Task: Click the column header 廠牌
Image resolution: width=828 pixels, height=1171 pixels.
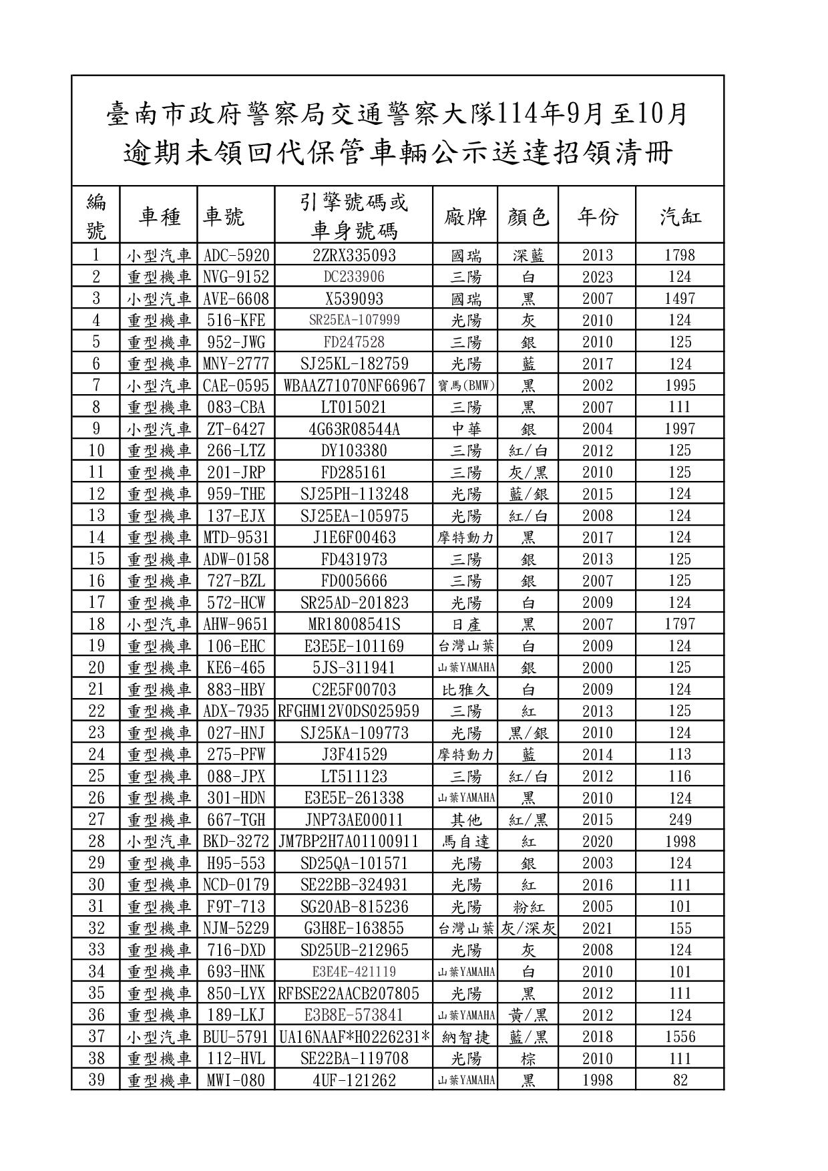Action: coord(465,216)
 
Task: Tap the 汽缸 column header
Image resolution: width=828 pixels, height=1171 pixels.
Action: coord(680,216)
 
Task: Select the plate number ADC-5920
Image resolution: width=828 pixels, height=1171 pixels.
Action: coord(236,255)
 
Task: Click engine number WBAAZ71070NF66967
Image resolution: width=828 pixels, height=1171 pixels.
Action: coord(354,385)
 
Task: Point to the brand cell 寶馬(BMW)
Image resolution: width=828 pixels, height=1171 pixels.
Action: coord(465,385)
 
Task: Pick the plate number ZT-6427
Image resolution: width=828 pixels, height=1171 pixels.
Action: coord(236,429)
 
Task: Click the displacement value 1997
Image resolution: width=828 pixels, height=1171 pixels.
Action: coord(680,429)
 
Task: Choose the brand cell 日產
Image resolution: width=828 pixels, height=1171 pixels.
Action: coord(465,624)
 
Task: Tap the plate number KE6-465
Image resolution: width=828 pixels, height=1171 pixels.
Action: coord(236,667)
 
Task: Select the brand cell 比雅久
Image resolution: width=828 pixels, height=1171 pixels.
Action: coord(465,689)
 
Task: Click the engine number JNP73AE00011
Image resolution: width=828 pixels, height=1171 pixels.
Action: coord(354,820)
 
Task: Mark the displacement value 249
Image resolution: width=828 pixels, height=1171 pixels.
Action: coord(680,820)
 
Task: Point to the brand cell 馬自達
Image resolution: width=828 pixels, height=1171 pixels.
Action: coord(465,841)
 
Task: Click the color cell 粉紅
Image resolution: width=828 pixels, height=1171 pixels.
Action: coord(528,906)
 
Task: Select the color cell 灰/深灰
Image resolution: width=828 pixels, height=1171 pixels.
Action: coord(528,928)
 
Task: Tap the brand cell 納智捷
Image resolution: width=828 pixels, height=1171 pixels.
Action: coord(465,1037)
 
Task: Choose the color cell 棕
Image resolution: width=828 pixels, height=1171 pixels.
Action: coord(528,1058)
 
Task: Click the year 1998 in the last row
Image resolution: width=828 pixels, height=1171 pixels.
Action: coord(597,1080)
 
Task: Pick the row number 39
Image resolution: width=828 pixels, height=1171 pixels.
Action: coord(96,1080)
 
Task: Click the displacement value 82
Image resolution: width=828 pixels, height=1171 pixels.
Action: coord(680,1080)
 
